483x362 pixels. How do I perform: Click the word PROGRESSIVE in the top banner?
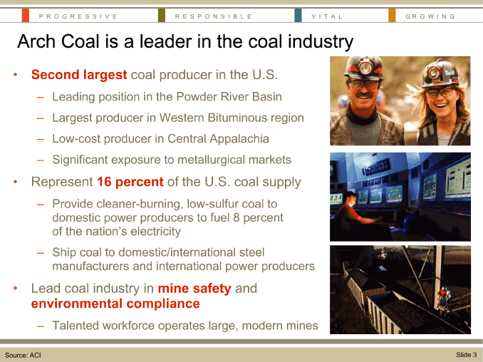coord(78,16)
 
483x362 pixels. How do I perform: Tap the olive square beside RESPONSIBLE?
coord(162,16)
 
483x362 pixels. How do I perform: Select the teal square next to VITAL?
coord(298,16)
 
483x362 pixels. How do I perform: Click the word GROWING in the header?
coord(430,16)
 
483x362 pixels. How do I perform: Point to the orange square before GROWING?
coord(392,16)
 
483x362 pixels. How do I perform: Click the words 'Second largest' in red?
coord(79,75)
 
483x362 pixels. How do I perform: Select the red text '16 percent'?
coord(130,182)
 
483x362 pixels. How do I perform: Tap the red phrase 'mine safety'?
coord(194,289)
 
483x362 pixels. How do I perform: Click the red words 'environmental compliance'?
coord(115,304)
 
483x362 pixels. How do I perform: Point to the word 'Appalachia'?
coord(239,139)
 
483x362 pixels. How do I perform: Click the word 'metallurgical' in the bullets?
coord(212,160)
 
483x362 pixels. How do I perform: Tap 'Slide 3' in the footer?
coord(467,355)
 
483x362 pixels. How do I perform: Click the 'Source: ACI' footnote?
coord(23,355)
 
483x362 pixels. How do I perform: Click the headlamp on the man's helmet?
coord(365,68)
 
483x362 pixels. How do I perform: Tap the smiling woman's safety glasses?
coord(440,92)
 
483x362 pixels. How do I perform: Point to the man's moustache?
coord(364,95)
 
